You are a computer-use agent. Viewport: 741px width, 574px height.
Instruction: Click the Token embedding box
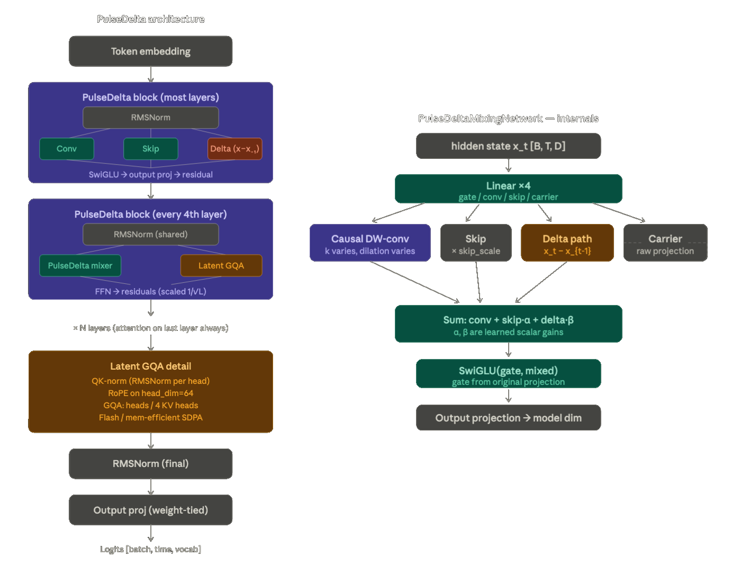click(x=150, y=51)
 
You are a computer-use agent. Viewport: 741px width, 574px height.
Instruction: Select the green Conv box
click(x=67, y=149)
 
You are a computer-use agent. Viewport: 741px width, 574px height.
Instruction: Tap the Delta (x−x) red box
click(x=234, y=149)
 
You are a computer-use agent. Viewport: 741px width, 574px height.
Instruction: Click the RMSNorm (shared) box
click(x=150, y=234)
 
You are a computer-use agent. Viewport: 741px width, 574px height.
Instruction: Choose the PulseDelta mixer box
click(x=80, y=265)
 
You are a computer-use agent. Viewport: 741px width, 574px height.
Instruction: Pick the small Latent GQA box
click(x=221, y=265)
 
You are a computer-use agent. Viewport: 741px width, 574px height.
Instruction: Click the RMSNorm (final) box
click(x=150, y=463)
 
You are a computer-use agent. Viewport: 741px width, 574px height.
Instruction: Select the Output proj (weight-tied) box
click(x=150, y=510)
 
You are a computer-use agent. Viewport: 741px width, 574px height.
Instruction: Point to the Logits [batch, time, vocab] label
click(x=150, y=549)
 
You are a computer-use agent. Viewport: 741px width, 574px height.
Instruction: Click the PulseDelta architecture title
click(x=150, y=19)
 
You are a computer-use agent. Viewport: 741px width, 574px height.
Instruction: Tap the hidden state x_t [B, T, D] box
click(x=508, y=146)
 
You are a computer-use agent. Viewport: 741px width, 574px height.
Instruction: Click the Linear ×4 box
click(x=508, y=189)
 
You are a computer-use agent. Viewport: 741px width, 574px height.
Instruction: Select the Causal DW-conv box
click(x=370, y=243)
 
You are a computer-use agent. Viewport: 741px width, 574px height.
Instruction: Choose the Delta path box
click(x=567, y=243)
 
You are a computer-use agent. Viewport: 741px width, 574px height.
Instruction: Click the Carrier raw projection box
click(x=665, y=243)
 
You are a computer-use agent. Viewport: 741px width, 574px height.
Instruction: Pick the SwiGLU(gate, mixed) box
click(x=508, y=374)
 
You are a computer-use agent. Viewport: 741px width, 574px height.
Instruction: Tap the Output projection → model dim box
click(x=508, y=418)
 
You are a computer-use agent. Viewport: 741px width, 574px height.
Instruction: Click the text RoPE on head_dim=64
click(x=150, y=393)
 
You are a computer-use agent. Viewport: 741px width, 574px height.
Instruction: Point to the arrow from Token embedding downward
click(x=151, y=74)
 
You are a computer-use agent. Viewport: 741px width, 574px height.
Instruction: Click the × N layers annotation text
click(x=150, y=328)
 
